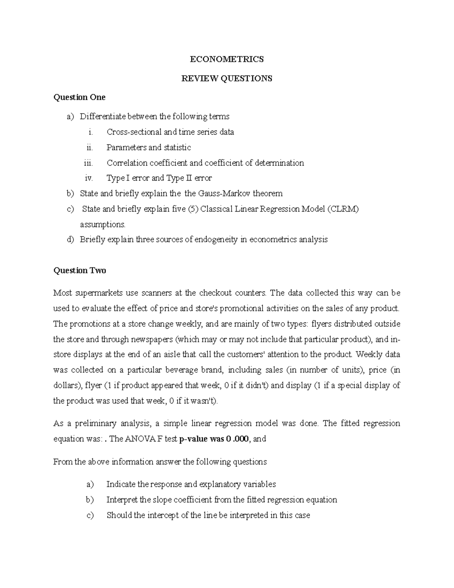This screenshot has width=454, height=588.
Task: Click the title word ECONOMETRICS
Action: (227, 59)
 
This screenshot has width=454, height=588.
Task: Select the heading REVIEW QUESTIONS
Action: (227, 78)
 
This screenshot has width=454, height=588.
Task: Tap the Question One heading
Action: (79, 97)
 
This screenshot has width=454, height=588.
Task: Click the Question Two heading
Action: (80, 270)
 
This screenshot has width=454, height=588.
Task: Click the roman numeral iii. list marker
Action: (88, 163)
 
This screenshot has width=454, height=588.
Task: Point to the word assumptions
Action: (102, 225)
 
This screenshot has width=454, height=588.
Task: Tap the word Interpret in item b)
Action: (122, 500)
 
